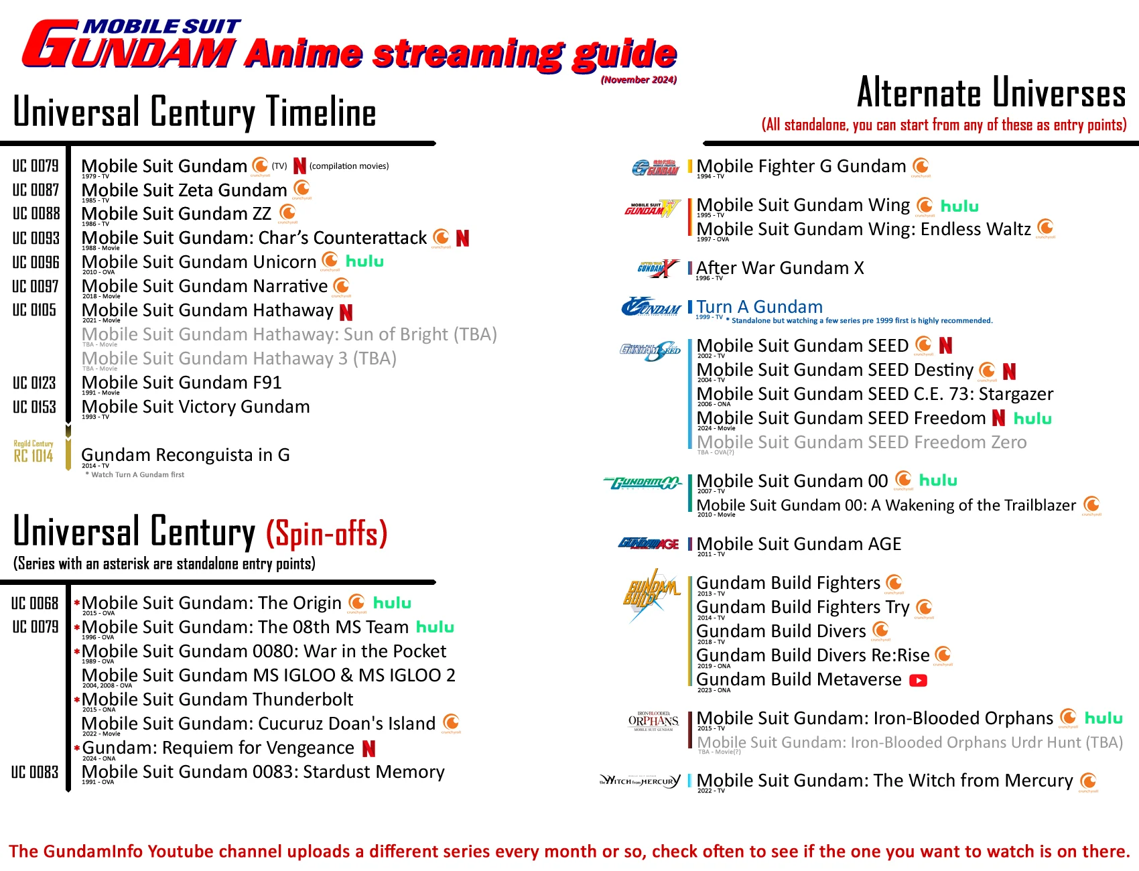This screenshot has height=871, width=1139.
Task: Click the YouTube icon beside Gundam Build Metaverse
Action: pyautogui.click(x=918, y=681)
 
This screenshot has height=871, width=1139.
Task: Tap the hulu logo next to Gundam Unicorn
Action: pyautogui.click(x=364, y=261)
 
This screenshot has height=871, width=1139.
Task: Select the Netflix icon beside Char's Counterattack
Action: pyautogui.click(x=462, y=238)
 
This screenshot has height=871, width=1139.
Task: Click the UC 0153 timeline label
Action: pyautogui.click(x=35, y=407)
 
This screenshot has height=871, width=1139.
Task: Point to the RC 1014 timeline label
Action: pyautogui.click(x=33, y=456)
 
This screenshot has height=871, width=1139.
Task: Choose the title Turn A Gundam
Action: pyautogui.click(x=759, y=307)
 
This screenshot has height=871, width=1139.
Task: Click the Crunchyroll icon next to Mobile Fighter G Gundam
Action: pyautogui.click(x=921, y=165)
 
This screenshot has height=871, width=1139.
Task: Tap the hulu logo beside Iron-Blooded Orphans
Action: pyautogui.click(x=1103, y=718)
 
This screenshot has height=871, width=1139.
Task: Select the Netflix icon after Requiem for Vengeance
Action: pyautogui.click(x=368, y=748)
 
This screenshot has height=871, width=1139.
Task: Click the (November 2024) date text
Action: pyautogui.click(x=639, y=80)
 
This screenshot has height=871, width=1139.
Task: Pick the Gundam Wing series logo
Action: pyautogui.click(x=653, y=208)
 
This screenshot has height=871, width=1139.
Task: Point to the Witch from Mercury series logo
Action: pyautogui.click(x=640, y=781)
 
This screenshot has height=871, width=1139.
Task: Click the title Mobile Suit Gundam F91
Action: pyautogui.click(x=182, y=383)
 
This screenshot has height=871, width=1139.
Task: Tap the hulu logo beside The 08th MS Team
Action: pyautogui.click(x=435, y=627)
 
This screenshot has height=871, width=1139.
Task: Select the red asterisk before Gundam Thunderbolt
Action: pyautogui.click(x=77, y=700)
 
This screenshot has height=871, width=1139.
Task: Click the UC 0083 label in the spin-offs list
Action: pyautogui.click(x=35, y=772)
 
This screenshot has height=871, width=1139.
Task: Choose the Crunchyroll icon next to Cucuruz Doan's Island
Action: pyautogui.click(x=452, y=722)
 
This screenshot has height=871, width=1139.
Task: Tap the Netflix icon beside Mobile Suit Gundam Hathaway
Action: pyautogui.click(x=346, y=312)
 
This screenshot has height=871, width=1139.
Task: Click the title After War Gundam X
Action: pyautogui.click(x=780, y=268)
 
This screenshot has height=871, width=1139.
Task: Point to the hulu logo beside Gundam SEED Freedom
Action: pyautogui.click(x=1032, y=419)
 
